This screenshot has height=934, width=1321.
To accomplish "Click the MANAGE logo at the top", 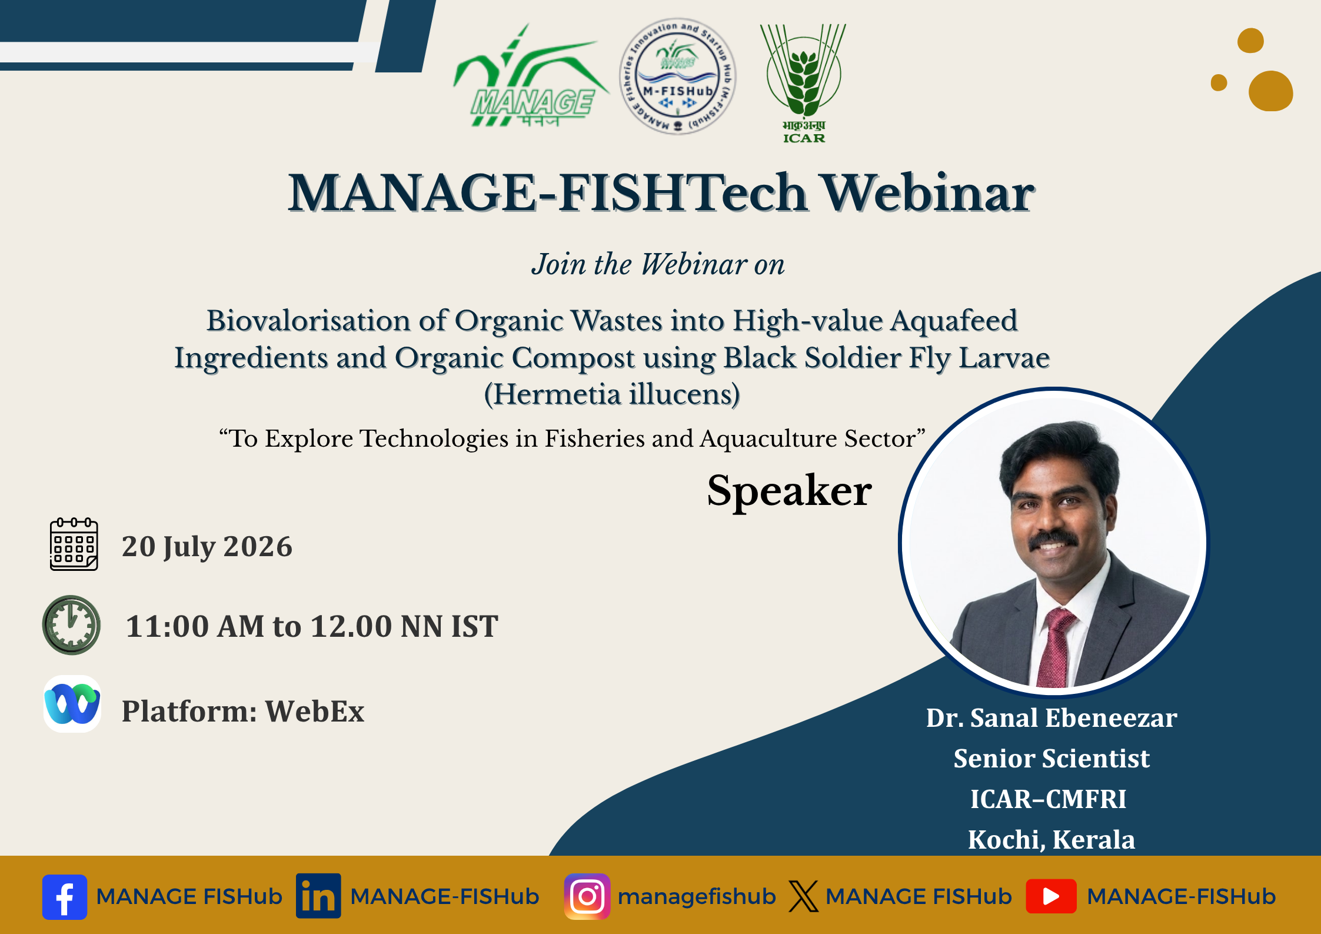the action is [x=530, y=75].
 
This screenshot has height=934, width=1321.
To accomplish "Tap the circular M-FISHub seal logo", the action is [x=677, y=76].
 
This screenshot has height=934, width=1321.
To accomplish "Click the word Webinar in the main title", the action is [x=928, y=193].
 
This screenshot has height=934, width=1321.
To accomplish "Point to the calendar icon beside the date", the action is [x=74, y=544].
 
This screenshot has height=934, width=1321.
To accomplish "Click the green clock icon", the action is [x=71, y=625].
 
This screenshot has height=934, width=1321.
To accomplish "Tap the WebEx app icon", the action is [x=72, y=704].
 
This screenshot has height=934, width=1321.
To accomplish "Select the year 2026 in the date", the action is [x=258, y=546].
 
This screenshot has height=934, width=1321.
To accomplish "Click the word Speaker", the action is [x=789, y=491].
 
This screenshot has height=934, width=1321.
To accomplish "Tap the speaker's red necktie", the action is [x=1056, y=647].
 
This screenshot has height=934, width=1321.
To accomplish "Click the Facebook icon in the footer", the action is [x=65, y=897].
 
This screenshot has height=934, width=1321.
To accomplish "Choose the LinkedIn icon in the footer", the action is [x=318, y=896].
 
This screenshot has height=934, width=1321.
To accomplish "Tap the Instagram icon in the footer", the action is [x=587, y=896].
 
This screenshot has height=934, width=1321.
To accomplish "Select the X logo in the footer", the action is [x=803, y=896].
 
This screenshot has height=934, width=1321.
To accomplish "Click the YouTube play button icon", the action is [x=1051, y=896].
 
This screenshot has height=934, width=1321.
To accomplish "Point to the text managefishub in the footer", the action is [x=697, y=896].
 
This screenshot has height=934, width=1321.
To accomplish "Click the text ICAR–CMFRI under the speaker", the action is [x=1049, y=799].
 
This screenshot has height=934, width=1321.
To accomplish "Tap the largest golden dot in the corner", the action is [x=1270, y=91].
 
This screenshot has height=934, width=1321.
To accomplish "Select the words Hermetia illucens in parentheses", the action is [x=611, y=394].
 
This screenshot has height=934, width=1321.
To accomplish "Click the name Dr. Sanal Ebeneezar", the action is [x=1052, y=718].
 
